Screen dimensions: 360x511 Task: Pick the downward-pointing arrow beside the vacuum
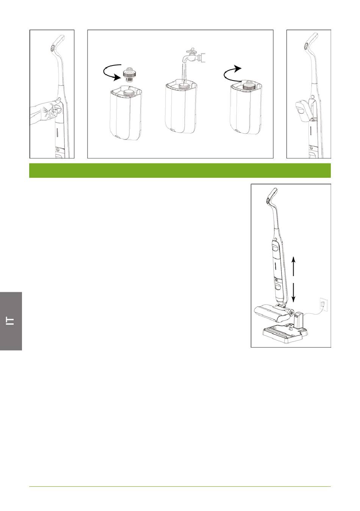click(x=293, y=293)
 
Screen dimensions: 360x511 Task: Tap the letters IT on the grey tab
click(x=10, y=321)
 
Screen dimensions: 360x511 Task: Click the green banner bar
click(x=180, y=171)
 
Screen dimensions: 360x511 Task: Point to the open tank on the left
click(x=126, y=114)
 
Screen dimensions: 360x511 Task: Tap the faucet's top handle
click(x=191, y=50)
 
